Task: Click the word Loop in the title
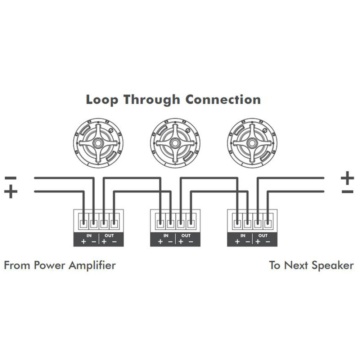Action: (102, 99)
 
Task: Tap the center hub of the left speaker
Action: (98, 143)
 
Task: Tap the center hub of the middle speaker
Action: (175, 143)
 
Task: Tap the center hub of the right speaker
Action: (252, 143)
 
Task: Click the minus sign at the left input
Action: (11, 178)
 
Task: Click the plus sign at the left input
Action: (11, 192)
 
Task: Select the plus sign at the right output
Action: (347, 177)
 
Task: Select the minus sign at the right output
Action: (347, 192)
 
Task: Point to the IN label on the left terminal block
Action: (89, 235)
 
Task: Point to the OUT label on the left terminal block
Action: (109, 235)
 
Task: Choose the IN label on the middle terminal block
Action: (166, 235)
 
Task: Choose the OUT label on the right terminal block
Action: (263, 235)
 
